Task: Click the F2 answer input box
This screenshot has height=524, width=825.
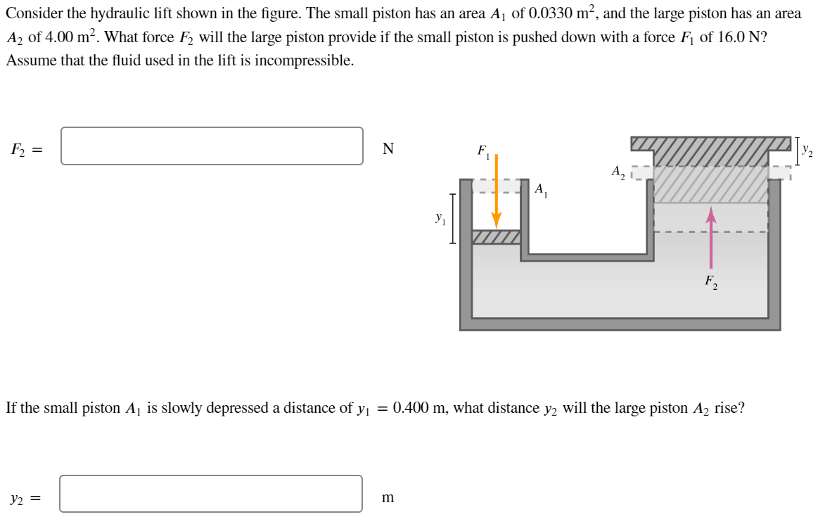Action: coord(212,146)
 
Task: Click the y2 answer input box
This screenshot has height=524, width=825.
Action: coord(211,494)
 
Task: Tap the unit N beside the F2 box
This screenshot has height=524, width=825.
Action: coord(388,148)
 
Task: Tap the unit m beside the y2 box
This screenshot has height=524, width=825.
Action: coord(388,498)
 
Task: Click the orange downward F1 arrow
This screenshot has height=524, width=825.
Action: coord(496,190)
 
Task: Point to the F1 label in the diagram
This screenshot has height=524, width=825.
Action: coord(483,151)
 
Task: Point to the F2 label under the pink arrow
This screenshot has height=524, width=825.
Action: coord(711,282)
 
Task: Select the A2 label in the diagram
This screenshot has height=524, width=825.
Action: coord(618,172)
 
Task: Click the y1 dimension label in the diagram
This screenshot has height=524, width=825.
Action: coord(440,219)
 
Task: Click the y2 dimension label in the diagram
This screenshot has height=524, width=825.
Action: coord(808,150)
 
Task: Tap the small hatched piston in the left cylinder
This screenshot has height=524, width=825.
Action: coord(496,237)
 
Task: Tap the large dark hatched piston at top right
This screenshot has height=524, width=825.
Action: coord(710,145)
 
